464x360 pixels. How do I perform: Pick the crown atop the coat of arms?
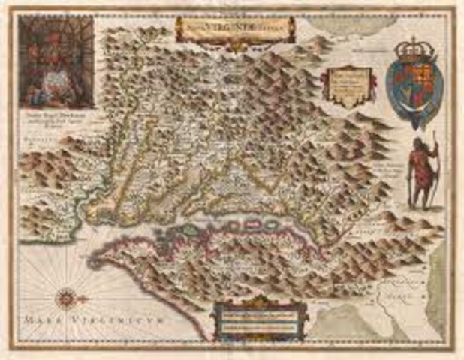point(414,51)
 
